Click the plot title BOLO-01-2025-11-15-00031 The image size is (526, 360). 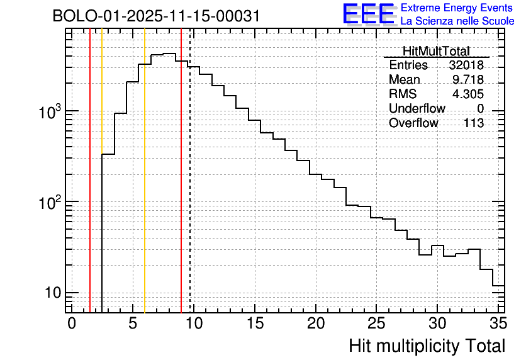click(156, 16)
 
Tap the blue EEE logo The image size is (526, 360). click(368, 14)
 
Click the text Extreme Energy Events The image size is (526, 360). click(457, 8)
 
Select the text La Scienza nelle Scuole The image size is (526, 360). click(457, 21)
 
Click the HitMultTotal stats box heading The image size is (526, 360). click(436, 52)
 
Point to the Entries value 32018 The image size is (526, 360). click(466, 65)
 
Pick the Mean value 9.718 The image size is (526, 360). click(468, 80)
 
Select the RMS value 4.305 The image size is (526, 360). click(468, 94)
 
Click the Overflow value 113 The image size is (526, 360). click(474, 123)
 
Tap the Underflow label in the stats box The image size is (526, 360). click(417, 109)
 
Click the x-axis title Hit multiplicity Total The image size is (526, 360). click(427, 346)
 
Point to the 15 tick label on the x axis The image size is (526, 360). click(254, 323)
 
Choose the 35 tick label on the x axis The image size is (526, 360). click(498, 323)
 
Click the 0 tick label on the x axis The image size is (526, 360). click(72, 323)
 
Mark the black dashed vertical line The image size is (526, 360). click(190, 189)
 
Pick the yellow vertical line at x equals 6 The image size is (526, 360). click(145, 189)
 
